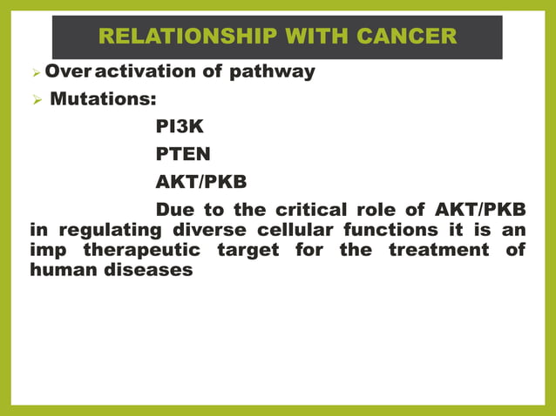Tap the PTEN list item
pyautogui.click(x=181, y=155)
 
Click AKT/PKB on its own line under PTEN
pyautogui.click(x=200, y=183)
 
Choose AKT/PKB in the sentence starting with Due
pyautogui.click(x=478, y=211)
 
